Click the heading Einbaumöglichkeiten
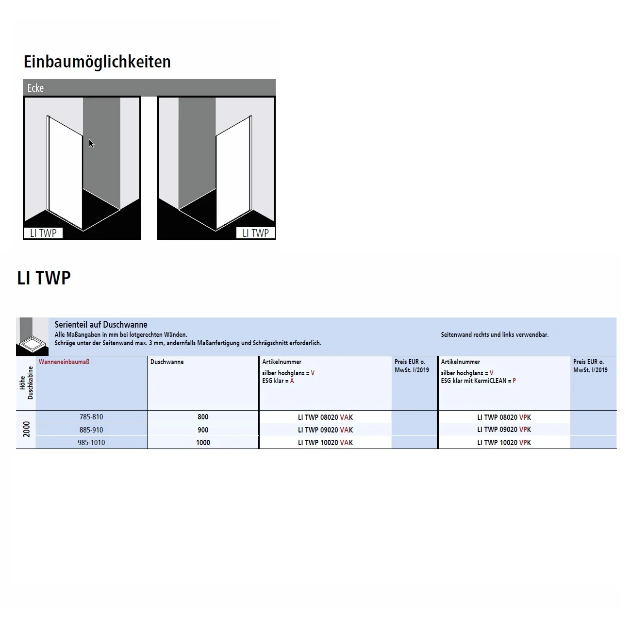click(97, 62)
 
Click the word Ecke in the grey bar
click(35, 88)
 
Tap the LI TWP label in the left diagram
click(43, 233)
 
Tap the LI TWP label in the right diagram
click(255, 233)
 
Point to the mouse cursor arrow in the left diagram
click(91, 143)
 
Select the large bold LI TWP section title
click(44, 278)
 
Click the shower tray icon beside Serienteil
click(32, 337)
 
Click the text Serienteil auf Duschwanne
click(101, 325)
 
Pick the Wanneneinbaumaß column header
click(64, 362)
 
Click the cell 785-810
click(91, 417)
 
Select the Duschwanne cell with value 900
click(203, 430)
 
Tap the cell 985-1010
click(91, 443)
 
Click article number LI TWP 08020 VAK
click(325, 417)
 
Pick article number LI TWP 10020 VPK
click(504, 443)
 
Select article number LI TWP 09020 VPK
click(504, 430)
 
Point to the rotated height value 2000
click(27, 429)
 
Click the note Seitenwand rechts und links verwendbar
click(495, 334)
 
